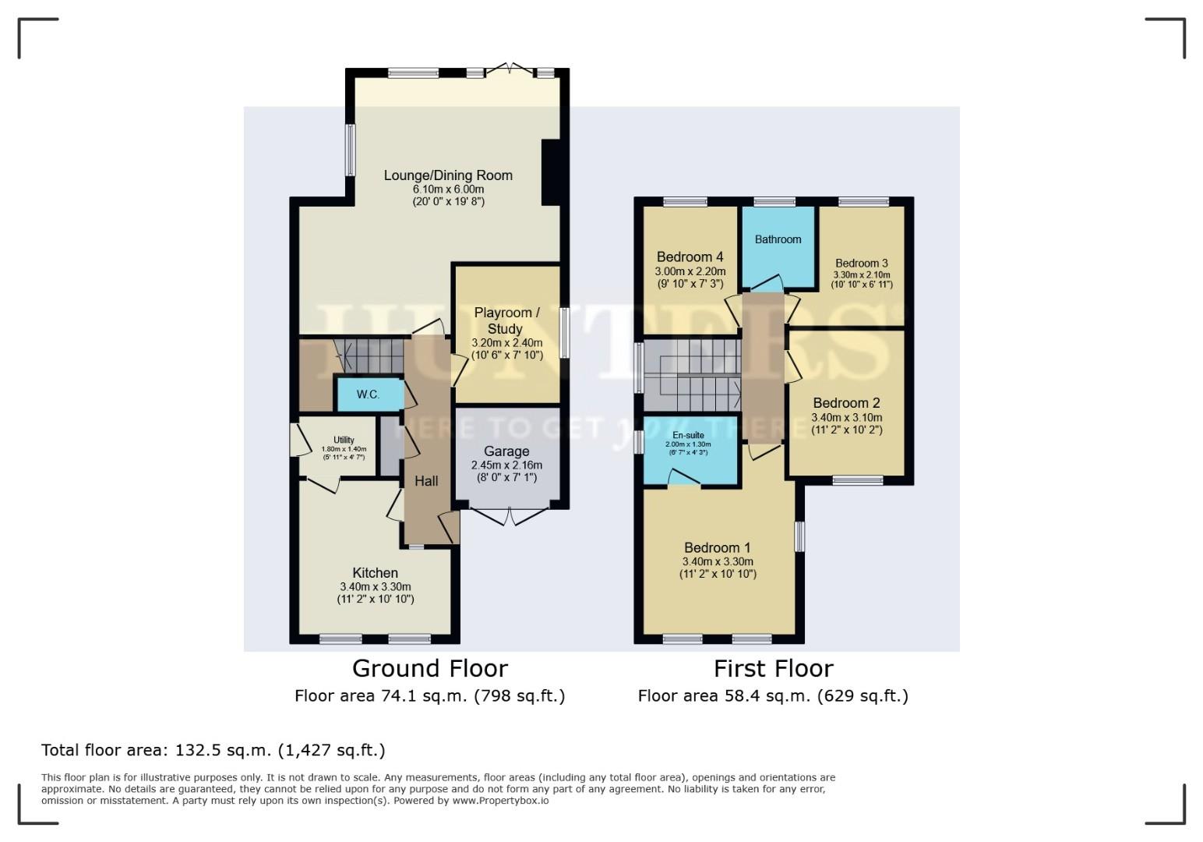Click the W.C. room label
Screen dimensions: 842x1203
[368, 394]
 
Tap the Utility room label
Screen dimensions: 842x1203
[344, 440]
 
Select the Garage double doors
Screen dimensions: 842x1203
[509, 516]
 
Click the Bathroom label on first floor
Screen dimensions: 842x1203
[778, 239]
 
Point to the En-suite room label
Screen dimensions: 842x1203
[688, 435]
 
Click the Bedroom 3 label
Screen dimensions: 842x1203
[862, 264]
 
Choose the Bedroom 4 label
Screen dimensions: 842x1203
[690, 256]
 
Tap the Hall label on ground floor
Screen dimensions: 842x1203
[426, 481]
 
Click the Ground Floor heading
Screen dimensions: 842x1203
[429, 668]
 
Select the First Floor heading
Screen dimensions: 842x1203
[773, 668]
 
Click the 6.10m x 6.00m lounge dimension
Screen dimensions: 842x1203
[448, 189]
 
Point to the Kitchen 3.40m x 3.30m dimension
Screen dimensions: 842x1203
[375, 587]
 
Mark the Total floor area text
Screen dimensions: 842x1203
[213, 750]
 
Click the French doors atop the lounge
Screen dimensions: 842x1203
[510, 70]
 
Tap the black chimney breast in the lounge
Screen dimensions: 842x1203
[551, 172]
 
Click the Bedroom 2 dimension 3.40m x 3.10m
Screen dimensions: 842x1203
[846, 417]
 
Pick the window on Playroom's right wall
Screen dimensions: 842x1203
[563, 333]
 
